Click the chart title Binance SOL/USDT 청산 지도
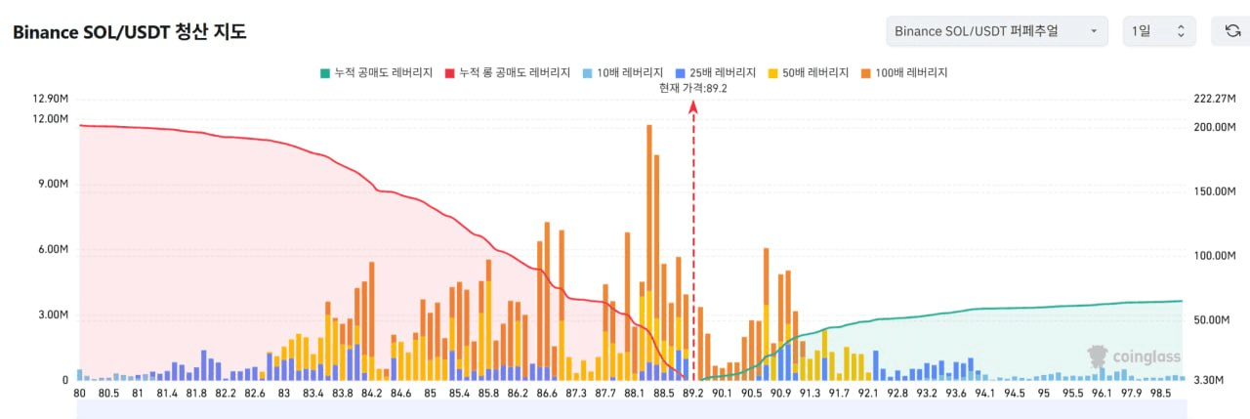[x=129, y=31]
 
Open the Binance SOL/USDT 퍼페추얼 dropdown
[x=996, y=31]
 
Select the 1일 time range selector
[x=1158, y=31]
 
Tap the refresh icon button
[x=1232, y=31]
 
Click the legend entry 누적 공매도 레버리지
[x=376, y=72]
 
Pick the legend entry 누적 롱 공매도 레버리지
[x=507, y=72]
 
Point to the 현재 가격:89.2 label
[x=693, y=88]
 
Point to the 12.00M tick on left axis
[x=50, y=118]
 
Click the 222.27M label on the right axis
[x=1215, y=99]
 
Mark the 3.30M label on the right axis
[x=1209, y=380]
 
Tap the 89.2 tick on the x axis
[x=692, y=393]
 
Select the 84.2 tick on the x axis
[x=371, y=393]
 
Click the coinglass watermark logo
[x=1134, y=356]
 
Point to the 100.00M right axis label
[x=1215, y=256]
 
